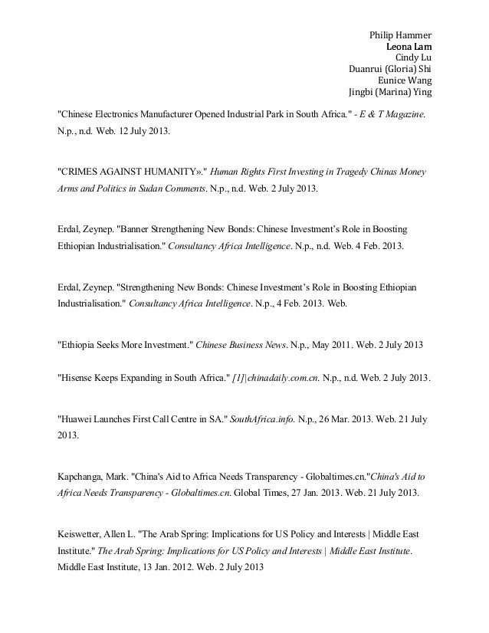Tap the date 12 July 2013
coord(147,131)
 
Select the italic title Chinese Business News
coord(234,345)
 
